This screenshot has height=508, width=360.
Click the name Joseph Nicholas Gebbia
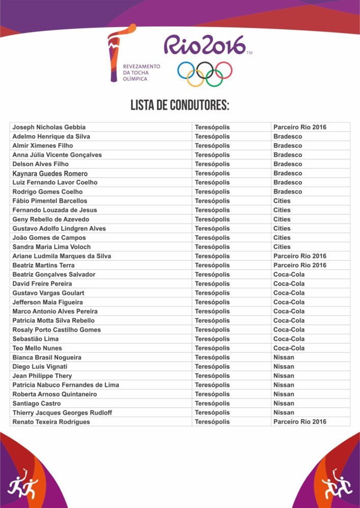(49, 127)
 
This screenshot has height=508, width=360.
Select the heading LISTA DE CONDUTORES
(180, 106)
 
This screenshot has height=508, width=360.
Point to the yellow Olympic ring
(195, 78)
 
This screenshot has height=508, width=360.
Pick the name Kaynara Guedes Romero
(50, 173)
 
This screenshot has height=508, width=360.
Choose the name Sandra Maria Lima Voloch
(51, 247)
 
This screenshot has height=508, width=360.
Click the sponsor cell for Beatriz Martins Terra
(299, 265)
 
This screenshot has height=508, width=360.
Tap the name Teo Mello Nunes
(37, 348)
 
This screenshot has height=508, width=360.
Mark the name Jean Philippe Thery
(42, 376)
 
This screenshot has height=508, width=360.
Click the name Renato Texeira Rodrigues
(51, 422)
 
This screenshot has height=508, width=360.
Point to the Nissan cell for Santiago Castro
(284, 403)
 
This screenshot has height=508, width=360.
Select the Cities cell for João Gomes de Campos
(282, 238)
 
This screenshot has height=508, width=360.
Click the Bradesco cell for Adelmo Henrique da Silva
(287, 137)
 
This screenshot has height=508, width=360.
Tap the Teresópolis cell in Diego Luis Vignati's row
(212, 367)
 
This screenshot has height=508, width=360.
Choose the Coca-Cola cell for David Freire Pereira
(289, 283)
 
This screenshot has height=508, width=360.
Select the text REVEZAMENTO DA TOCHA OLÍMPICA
(141, 73)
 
